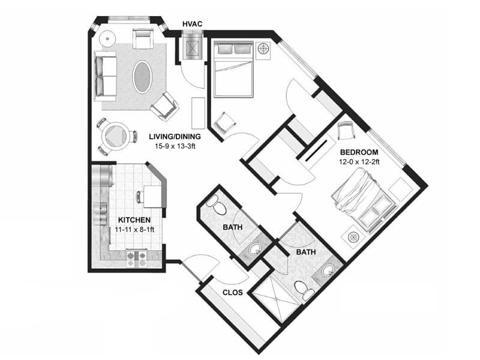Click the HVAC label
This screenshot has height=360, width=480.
(x=193, y=23)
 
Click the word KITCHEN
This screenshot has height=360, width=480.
(x=134, y=220)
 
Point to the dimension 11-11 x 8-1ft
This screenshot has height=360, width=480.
(x=134, y=229)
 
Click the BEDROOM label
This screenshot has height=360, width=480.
(x=358, y=152)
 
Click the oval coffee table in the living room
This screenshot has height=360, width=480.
(x=142, y=76)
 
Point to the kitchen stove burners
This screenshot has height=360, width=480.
(x=137, y=258)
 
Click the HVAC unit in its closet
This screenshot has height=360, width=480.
(x=194, y=47)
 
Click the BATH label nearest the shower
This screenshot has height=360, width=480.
(x=305, y=253)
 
